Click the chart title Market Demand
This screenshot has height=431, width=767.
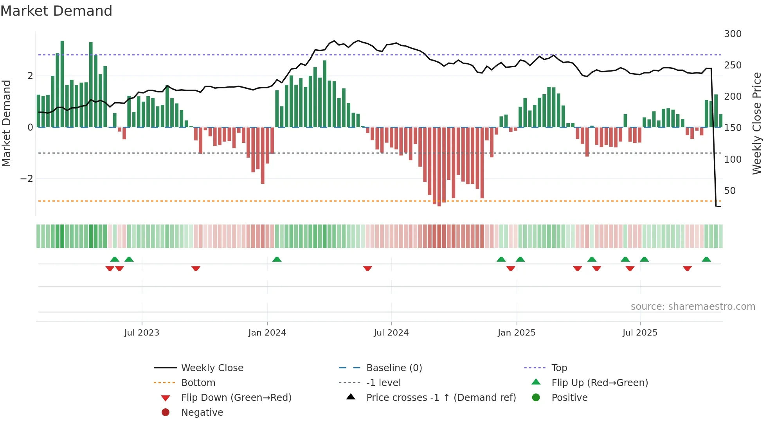click(x=56, y=11)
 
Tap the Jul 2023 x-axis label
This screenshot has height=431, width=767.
click(x=142, y=333)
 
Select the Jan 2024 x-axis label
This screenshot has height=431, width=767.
click(x=267, y=333)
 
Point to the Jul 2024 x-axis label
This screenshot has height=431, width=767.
click(x=391, y=333)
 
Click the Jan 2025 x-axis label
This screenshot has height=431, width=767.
click(x=517, y=333)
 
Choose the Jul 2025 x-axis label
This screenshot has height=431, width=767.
click(x=640, y=333)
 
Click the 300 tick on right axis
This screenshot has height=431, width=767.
click(x=733, y=34)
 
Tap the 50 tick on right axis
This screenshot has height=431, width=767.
click(x=730, y=191)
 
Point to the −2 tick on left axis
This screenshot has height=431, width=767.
click(x=27, y=179)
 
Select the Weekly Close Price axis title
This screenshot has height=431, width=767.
click(x=757, y=123)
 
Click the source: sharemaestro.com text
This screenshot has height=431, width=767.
click(x=693, y=307)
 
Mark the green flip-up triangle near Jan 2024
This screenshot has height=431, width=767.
click(x=277, y=259)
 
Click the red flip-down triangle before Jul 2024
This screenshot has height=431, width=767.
click(x=367, y=268)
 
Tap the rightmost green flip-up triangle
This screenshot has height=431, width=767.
click(x=706, y=259)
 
